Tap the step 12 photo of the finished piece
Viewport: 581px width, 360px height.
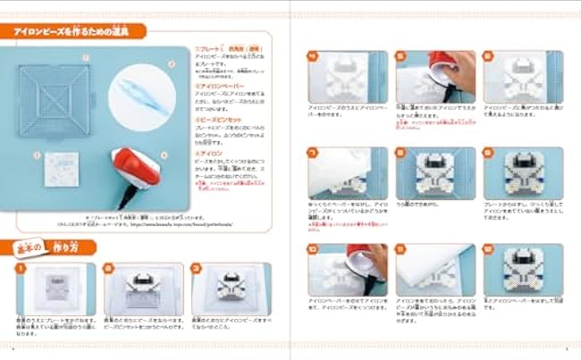tap(522, 270)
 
